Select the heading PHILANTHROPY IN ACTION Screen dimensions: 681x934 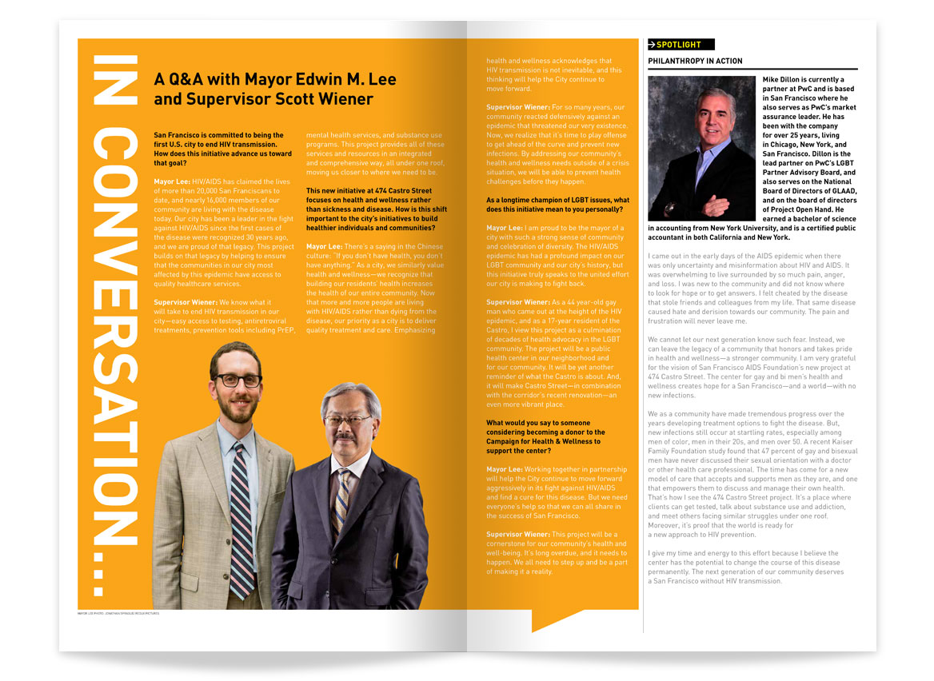click(x=695, y=62)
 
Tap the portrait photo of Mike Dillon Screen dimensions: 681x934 click(x=700, y=148)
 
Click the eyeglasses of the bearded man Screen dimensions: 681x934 click(x=237, y=380)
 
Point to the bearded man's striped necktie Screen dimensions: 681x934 click(x=241, y=512)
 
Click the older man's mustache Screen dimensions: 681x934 click(x=346, y=436)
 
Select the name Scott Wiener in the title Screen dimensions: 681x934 click(x=330, y=99)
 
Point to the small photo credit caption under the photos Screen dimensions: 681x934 click(x=118, y=614)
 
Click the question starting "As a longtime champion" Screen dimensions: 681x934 click(x=557, y=204)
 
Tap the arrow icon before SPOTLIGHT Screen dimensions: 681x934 click(x=653, y=45)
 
